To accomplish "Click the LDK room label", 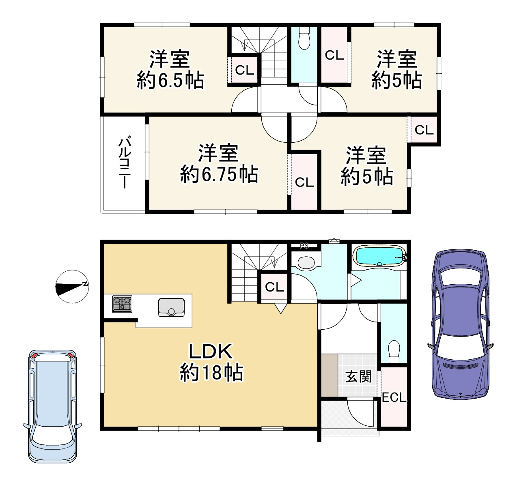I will click(x=211, y=352).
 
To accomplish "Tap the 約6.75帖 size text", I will click(x=219, y=174).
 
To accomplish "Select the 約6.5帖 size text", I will click(x=170, y=80).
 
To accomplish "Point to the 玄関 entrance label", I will click(x=359, y=377).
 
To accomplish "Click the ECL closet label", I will click(x=394, y=397).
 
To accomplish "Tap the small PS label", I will click(x=304, y=245).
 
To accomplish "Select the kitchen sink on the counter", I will click(x=171, y=307).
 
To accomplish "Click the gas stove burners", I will click(x=122, y=304).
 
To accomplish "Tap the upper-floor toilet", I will click(x=304, y=39).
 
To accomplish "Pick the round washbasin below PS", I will click(x=306, y=262).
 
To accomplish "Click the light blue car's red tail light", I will click(x=34, y=356).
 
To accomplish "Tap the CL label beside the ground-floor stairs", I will click(x=274, y=287).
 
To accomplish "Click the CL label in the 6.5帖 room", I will click(x=244, y=70).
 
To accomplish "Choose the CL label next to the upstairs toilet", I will click(x=334, y=55).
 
